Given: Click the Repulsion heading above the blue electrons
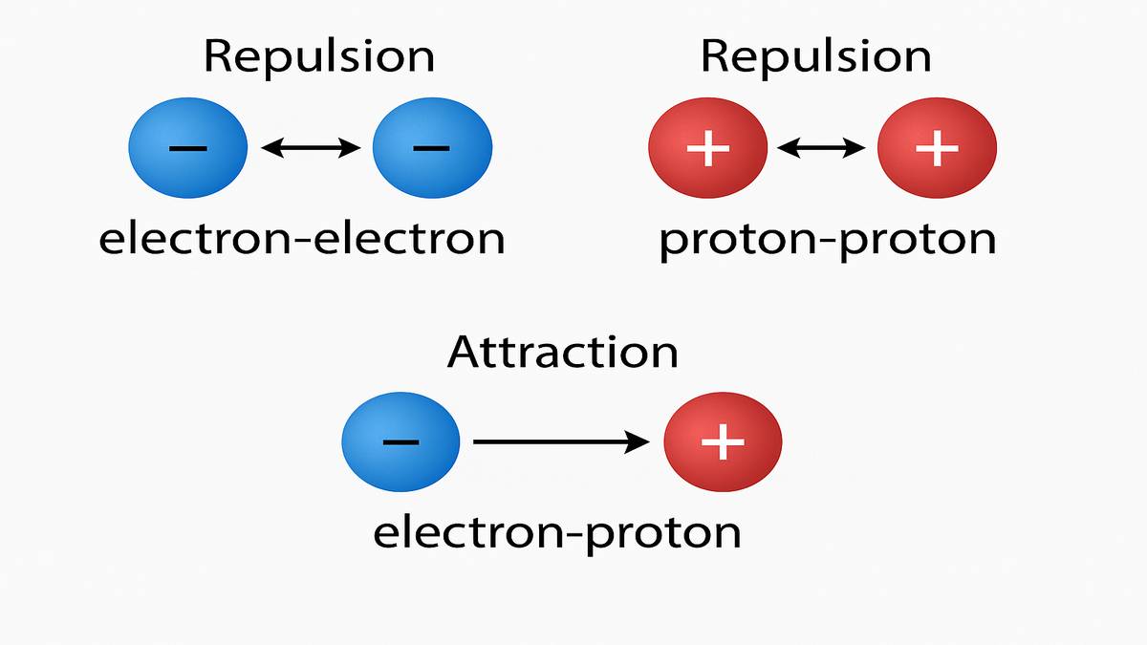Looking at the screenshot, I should click(319, 56).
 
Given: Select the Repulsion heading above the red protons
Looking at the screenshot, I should click(815, 56).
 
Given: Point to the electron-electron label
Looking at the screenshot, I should click(302, 238).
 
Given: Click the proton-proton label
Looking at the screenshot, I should click(827, 240).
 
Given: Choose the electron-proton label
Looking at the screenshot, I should click(556, 532).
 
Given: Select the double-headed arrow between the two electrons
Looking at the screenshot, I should click(311, 147).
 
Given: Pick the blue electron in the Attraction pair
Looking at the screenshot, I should click(401, 441).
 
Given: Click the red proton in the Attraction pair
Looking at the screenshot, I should click(724, 441).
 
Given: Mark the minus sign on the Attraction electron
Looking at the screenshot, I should click(400, 441).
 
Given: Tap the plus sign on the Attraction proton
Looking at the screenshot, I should click(724, 441).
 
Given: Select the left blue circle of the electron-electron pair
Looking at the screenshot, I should click(188, 148).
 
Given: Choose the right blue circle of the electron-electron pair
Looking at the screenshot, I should click(432, 148).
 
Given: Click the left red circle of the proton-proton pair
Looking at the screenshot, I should click(708, 148).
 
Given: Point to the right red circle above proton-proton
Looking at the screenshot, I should click(937, 148).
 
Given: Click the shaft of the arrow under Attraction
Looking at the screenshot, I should click(545, 441).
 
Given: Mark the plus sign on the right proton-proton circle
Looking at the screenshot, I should click(937, 148).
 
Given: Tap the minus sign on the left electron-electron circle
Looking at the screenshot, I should click(188, 148).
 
